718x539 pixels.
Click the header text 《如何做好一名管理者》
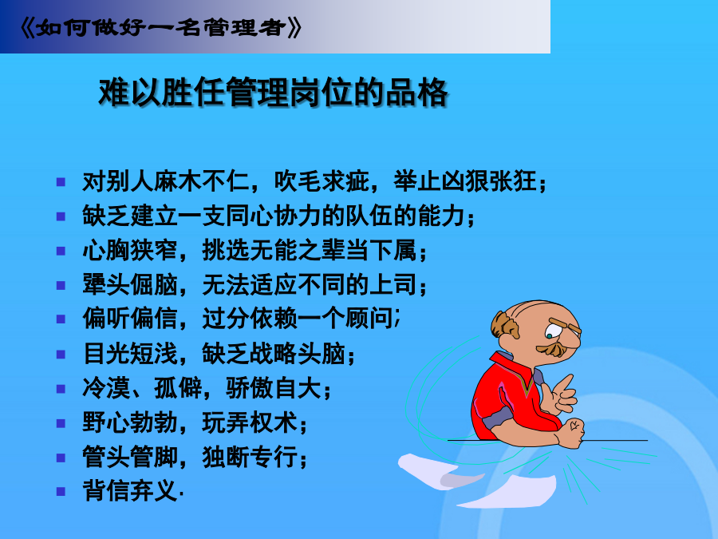click(161, 28)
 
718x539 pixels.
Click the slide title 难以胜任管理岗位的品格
click(274, 93)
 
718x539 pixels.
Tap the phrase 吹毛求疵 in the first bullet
click(322, 181)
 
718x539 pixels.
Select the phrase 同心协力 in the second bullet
click(274, 216)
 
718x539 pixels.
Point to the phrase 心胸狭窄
click(130, 250)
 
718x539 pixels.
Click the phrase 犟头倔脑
click(130, 284)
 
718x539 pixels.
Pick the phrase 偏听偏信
click(130, 319)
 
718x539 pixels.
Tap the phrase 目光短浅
click(130, 354)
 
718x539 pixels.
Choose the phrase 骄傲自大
click(274, 388)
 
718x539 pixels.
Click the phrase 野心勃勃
click(130, 422)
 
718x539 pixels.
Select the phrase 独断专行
click(250, 457)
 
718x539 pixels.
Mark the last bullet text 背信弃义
click(130, 491)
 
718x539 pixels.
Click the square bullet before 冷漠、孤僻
click(61, 389)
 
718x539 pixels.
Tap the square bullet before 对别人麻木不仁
click(61, 182)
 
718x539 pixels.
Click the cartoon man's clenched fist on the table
click(571, 433)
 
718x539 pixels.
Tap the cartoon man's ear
click(506, 326)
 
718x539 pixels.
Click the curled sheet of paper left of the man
click(439, 470)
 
